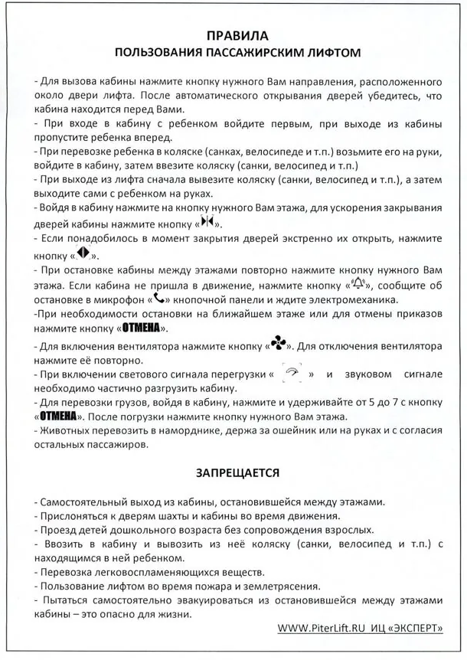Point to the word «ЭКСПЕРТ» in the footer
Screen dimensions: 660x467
point(419,629)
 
